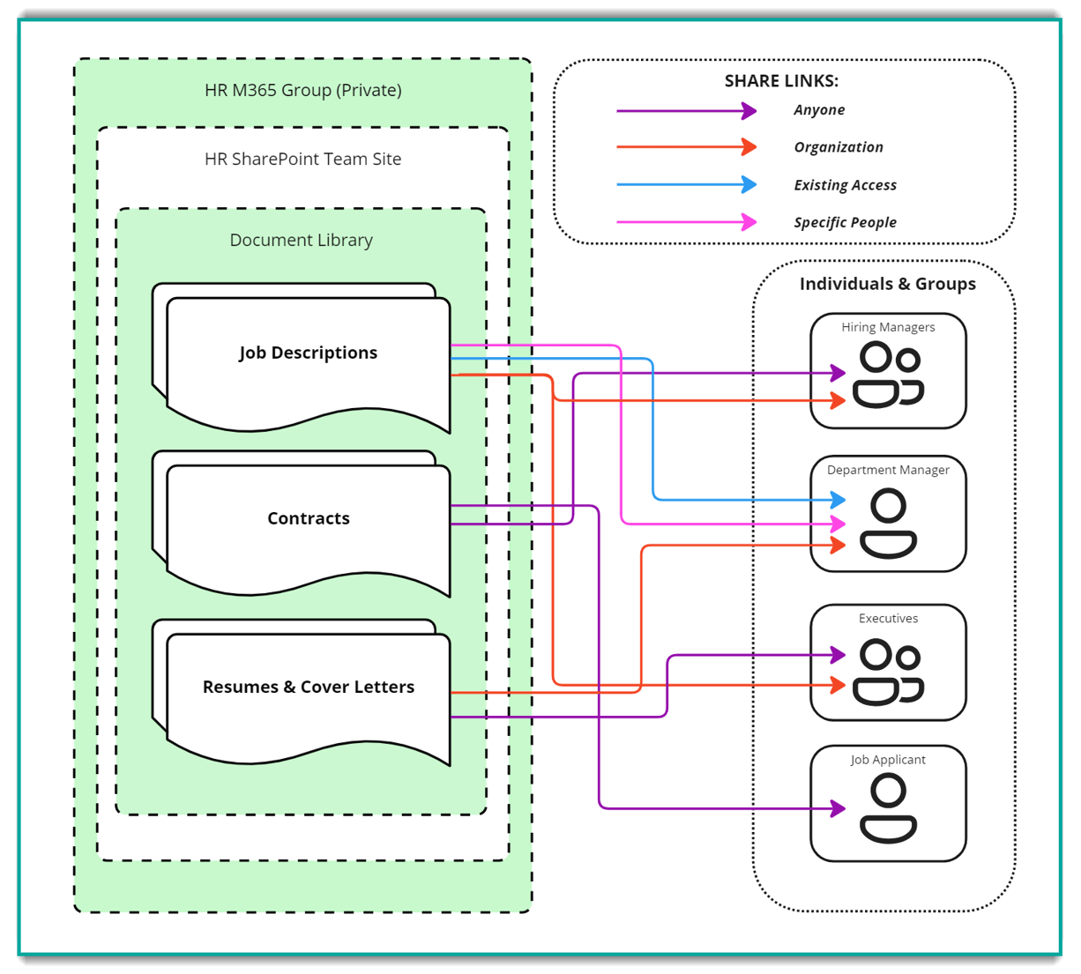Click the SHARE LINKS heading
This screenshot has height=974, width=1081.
tap(781, 81)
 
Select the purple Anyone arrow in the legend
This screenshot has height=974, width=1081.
tap(685, 111)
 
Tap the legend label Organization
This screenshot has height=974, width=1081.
tap(838, 147)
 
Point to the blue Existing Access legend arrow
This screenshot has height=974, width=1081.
tap(685, 184)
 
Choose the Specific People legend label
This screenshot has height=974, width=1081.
tap(845, 222)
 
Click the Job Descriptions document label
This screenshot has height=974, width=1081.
tap(308, 353)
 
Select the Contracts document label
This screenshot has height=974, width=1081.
tap(309, 518)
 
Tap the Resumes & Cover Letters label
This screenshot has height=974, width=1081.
tap(309, 687)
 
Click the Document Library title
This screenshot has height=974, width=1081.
tap(301, 240)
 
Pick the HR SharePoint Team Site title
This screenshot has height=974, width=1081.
tap(302, 159)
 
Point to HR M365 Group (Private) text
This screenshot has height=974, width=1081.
tap(302, 90)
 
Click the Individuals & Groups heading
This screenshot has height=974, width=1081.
tap(887, 284)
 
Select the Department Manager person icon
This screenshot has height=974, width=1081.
tap(888, 524)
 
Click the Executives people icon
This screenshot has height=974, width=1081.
tap(888, 673)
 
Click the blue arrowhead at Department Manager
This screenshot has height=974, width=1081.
tap(839, 500)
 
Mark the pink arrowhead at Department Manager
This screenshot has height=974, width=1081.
tap(839, 524)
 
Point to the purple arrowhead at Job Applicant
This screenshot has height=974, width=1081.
tap(839, 808)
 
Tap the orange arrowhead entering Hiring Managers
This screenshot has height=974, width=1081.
tap(839, 401)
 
